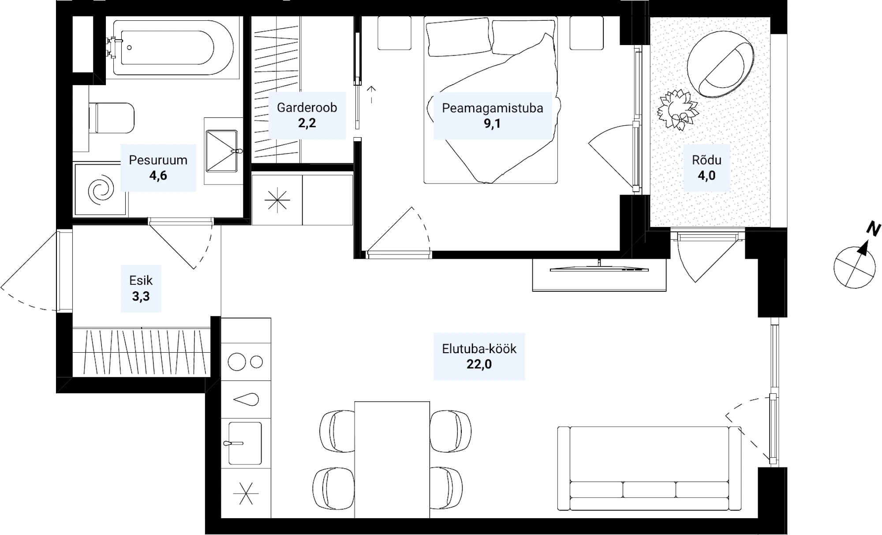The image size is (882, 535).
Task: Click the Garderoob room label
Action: coord(307,107)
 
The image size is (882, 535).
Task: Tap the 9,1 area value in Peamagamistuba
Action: coord(492,123)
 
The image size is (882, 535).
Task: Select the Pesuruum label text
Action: coord(158,160)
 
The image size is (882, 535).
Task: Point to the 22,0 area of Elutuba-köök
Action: coord(479,364)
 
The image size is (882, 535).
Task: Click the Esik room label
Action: coord(141,280)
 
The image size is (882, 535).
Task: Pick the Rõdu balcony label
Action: coord(706,160)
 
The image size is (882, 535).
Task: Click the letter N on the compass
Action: coord(874,229)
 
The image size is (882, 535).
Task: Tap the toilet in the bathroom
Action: coord(111,118)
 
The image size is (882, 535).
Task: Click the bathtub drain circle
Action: coord(129,47)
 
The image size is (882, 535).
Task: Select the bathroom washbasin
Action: coord(223,151)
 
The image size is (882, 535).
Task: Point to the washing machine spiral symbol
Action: coord(101,190)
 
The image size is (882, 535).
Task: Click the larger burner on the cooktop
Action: coord(237,362)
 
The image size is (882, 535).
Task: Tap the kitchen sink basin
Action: coord(245,443)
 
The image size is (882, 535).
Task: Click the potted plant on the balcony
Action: coord(677,110)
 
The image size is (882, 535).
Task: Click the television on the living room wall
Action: coord(599,268)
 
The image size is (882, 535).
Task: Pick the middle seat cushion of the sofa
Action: coord(649,490)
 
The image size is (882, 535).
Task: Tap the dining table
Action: coord(392,460)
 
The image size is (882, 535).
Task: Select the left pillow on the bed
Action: coord(459,37)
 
